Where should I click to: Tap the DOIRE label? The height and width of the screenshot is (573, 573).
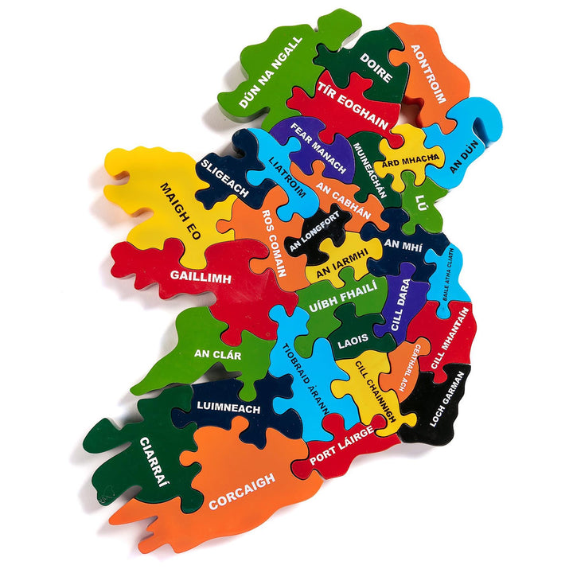pos(376,68)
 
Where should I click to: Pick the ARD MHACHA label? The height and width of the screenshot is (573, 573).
pos(411,161)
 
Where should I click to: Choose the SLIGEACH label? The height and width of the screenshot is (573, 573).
pos(224,177)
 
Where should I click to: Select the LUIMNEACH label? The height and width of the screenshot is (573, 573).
pos(228,408)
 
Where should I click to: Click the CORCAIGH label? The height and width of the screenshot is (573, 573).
pos(242,491)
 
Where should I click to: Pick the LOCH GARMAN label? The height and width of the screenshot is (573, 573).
pos(446,399)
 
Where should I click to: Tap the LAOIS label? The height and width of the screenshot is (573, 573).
pos(353,340)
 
